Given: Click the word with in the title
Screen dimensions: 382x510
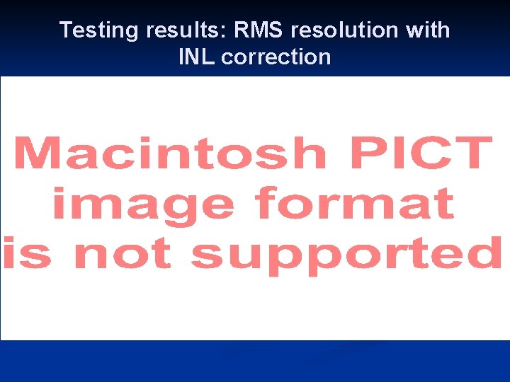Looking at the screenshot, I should click(x=429, y=30).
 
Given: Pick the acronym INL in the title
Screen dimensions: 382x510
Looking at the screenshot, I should click(x=198, y=57).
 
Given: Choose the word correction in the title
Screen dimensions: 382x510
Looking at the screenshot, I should click(x=276, y=57).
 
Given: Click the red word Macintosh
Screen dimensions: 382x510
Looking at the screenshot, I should click(x=169, y=154).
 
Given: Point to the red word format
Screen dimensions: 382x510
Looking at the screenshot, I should click(x=355, y=204).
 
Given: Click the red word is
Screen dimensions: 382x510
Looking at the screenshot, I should click(x=28, y=253).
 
